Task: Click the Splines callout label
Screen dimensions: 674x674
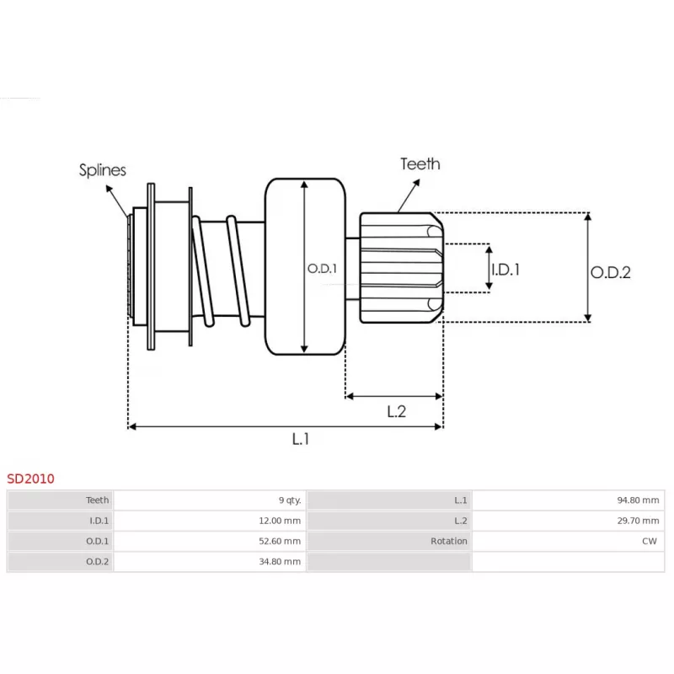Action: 103,170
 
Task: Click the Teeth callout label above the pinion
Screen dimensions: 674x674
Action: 420,163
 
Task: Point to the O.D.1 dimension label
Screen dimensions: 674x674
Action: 322,269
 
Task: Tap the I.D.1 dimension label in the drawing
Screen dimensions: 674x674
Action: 505,270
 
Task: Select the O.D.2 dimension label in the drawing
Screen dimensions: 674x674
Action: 610,272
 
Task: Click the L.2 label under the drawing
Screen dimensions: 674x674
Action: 396,411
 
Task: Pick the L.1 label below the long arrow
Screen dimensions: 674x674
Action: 301,439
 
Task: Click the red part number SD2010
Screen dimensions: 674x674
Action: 31,479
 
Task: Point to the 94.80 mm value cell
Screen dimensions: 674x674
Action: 637,500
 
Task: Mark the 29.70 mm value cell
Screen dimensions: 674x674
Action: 637,521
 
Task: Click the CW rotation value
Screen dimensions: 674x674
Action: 649,541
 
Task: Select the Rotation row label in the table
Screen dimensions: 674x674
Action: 448,541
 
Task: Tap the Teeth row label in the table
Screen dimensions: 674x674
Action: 98,500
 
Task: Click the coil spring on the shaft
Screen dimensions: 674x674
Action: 221,270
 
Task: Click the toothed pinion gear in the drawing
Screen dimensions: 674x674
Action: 401,268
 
